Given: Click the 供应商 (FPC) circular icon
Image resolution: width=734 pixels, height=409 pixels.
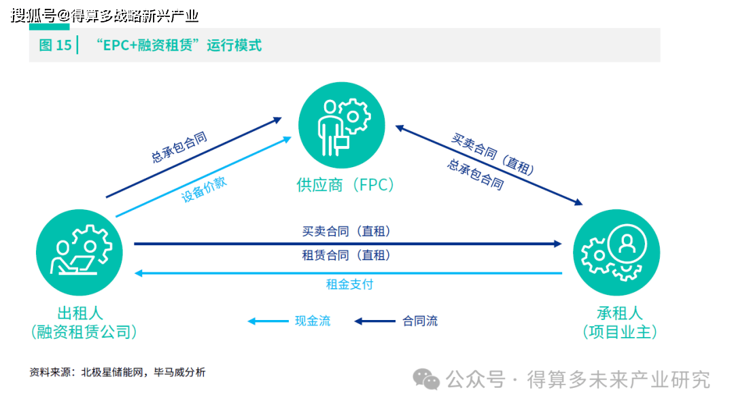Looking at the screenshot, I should (341, 125).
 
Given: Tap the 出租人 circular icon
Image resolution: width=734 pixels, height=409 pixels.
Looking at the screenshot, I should (79, 252).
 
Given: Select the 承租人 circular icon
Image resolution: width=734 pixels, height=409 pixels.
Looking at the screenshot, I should (616, 252).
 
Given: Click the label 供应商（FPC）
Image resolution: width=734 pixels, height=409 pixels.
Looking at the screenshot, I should (345, 185).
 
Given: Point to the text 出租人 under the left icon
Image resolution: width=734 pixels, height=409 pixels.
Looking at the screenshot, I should (80, 313).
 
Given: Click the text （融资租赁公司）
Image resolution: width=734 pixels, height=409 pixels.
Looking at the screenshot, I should (84, 332).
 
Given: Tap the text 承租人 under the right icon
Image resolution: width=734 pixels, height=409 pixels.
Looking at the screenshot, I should (619, 313).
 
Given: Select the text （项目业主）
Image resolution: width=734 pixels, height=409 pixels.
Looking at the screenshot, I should (619, 332).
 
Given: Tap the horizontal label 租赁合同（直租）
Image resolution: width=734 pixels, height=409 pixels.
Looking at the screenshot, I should (346, 255).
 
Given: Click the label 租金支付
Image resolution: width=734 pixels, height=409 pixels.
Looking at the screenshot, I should (349, 284).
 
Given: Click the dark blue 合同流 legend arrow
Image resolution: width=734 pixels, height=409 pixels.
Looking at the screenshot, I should (374, 321).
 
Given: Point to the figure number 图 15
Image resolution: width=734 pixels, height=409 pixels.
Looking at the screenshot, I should (55, 46).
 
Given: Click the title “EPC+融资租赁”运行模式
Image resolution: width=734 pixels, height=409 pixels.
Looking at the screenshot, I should (178, 46).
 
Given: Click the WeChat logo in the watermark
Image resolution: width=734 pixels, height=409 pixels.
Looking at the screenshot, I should (427, 379).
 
